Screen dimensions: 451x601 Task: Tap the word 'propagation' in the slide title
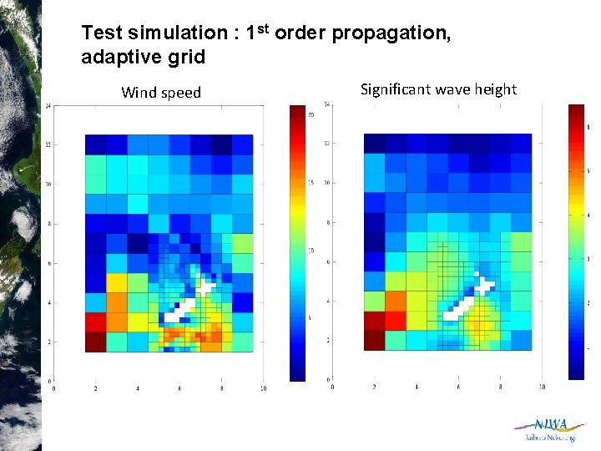[x=389, y=33]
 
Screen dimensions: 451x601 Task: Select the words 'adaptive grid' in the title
[x=143, y=58]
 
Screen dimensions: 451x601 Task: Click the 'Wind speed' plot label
[x=161, y=93]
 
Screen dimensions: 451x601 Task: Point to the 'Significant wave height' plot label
[x=438, y=89]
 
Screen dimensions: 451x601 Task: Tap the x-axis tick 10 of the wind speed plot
[x=264, y=388]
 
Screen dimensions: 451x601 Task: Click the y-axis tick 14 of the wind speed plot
[x=48, y=105]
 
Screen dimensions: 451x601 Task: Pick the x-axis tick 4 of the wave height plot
[x=416, y=387]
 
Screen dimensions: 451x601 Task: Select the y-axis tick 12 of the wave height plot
[x=326, y=143]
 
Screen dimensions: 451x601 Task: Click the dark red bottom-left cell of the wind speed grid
[x=95, y=342]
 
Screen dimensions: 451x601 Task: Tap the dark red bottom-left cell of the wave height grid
[x=374, y=340]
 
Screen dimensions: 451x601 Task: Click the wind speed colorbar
[x=297, y=242]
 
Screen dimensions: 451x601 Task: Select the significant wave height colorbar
[x=576, y=242]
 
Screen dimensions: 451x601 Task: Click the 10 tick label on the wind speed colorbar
[x=311, y=250]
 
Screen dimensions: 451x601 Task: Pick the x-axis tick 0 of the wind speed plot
[x=54, y=388]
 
